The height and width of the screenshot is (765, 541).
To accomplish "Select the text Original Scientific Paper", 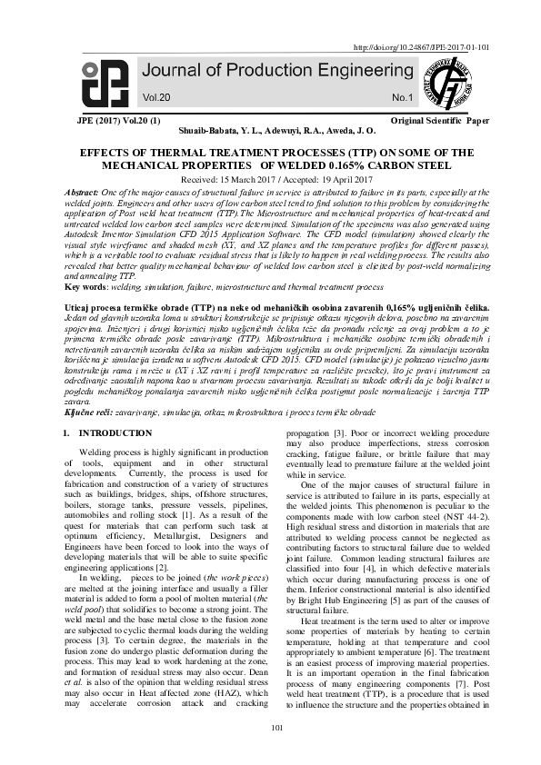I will click(437, 120).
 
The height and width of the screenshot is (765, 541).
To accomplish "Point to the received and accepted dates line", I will click(270, 180).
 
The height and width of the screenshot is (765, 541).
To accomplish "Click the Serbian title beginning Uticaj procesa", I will click(270, 310).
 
